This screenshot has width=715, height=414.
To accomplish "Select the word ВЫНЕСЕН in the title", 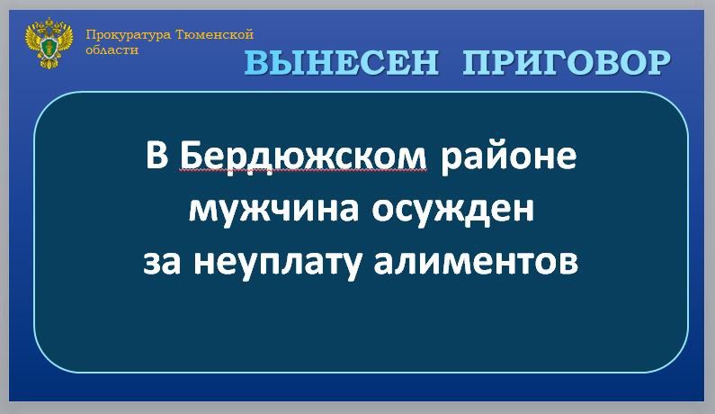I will [x=343, y=63].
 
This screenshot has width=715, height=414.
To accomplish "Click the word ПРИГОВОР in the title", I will [x=568, y=63].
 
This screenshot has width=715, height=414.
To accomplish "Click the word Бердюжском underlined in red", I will [x=303, y=157].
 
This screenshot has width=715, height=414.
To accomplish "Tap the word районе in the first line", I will [x=507, y=157].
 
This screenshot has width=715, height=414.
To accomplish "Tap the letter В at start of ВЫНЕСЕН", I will [x=257, y=63].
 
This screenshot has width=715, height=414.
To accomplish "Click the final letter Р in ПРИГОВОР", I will [x=657, y=63].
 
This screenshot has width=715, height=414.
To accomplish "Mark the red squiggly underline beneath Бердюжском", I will [x=303, y=171].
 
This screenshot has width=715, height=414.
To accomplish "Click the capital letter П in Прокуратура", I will [x=90, y=35].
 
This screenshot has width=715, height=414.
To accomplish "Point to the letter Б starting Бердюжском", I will [x=190, y=157].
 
